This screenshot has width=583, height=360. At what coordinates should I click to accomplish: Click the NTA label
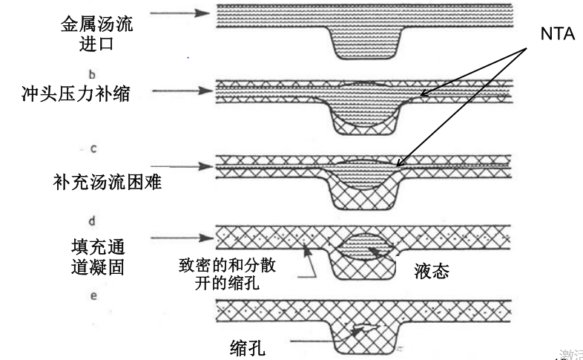tap(556, 32)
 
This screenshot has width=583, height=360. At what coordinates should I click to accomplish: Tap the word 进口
tap(96, 44)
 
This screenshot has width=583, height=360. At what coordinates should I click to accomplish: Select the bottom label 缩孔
tap(249, 347)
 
